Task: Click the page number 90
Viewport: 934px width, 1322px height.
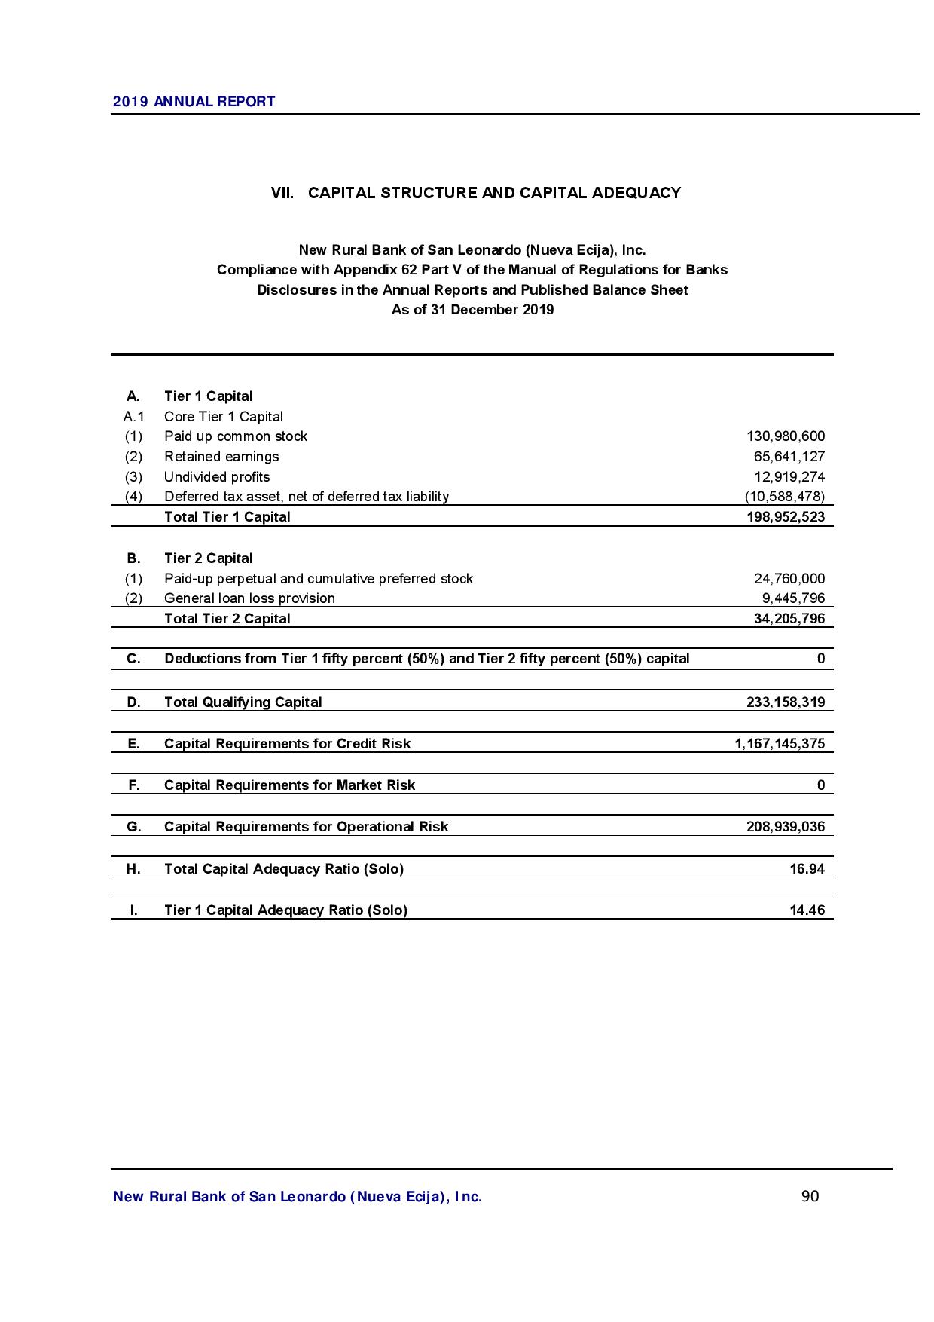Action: (x=810, y=1196)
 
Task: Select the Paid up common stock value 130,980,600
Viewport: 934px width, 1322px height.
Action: (x=785, y=436)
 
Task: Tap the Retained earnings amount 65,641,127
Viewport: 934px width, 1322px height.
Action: (x=789, y=457)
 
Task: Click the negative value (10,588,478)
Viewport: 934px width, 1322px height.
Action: (x=784, y=497)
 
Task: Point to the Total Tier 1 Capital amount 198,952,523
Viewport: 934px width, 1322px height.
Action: (x=785, y=517)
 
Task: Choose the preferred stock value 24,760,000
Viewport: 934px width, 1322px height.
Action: (x=789, y=579)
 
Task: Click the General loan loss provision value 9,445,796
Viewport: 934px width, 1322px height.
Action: (x=793, y=598)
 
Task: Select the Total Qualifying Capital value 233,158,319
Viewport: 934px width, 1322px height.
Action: (x=785, y=702)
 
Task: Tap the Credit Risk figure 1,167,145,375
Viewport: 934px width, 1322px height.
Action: (x=780, y=744)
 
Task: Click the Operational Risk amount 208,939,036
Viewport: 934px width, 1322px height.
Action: (x=785, y=827)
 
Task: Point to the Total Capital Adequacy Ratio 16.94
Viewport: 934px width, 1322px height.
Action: (x=807, y=869)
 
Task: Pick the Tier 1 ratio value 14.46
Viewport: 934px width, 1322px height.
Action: (x=807, y=910)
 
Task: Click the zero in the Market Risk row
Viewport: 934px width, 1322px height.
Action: (x=821, y=785)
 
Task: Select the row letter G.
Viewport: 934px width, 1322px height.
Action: (x=133, y=827)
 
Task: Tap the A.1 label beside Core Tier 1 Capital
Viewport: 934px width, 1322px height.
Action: (x=133, y=417)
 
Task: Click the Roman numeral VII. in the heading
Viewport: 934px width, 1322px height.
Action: (x=282, y=193)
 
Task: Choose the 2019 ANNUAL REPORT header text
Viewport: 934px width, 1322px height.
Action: (x=194, y=102)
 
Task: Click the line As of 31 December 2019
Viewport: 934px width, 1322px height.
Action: (x=472, y=310)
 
